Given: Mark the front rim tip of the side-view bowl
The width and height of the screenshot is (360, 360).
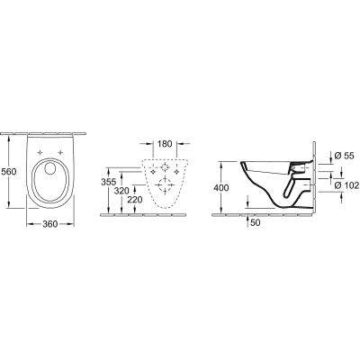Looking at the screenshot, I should (242, 166).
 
